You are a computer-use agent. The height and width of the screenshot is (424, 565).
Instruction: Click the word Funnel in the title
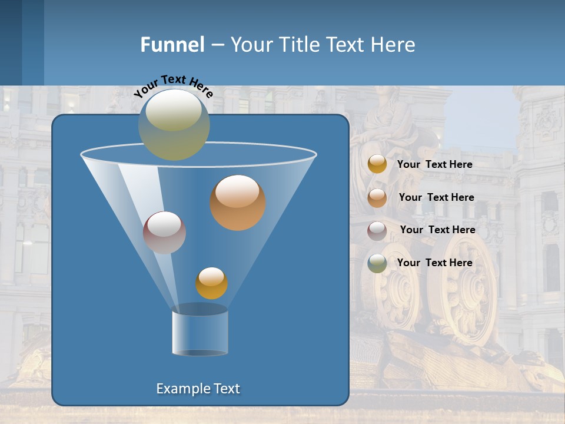(x=172, y=45)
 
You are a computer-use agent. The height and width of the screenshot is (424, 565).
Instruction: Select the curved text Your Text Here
(x=173, y=85)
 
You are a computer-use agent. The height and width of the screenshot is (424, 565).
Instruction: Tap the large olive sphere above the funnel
(x=174, y=124)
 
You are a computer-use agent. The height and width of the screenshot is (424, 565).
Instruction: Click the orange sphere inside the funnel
(x=238, y=203)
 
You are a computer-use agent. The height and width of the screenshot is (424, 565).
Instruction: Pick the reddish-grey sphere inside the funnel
(x=164, y=233)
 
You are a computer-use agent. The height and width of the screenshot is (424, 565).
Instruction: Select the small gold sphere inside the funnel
(x=211, y=283)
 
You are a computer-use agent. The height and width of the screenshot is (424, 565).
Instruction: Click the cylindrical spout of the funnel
(x=200, y=333)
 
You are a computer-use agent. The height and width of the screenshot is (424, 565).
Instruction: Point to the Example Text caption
(x=198, y=389)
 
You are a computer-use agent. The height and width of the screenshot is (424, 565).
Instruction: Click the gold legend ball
(x=377, y=164)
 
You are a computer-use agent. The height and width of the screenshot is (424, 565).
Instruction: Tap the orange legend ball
(x=377, y=198)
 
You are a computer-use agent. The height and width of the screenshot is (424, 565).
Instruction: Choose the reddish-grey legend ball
(x=377, y=231)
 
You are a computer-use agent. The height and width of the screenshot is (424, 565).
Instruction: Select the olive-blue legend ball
(x=377, y=263)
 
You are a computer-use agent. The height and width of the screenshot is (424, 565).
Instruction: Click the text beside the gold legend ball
(x=434, y=165)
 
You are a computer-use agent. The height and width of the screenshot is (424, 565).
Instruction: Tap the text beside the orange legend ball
(x=436, y=198)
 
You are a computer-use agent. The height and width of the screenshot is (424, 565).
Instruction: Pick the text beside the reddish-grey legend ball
(x=437, y=230)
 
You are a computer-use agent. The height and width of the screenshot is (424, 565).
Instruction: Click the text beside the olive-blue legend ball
(x=434, y=263)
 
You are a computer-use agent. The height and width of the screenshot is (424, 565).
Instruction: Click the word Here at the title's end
(x=395, y=45)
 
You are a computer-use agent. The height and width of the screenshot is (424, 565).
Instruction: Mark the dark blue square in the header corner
(x=11, y=42)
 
